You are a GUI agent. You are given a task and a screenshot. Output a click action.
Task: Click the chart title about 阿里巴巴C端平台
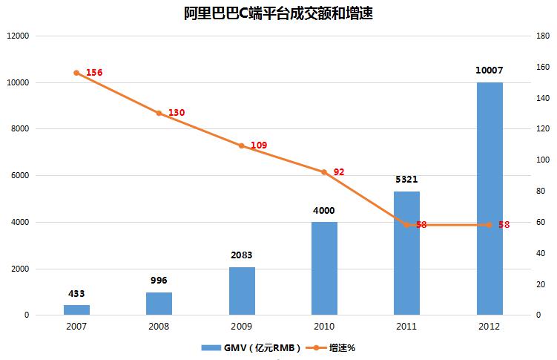point(278,13)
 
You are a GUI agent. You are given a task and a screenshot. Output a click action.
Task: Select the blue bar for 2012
point(489,199)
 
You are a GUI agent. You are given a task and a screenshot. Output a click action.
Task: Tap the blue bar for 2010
point(323,269)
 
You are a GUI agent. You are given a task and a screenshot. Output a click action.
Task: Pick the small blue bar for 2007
point(76,310)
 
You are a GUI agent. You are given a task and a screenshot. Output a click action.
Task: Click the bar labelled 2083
point(241,291)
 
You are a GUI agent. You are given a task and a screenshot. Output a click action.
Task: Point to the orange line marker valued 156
point(76,73)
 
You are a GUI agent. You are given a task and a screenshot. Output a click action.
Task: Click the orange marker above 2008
point(159,113)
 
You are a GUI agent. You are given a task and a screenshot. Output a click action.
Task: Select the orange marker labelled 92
point(323,172)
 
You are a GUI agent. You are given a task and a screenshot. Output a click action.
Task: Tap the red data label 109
point(259,145)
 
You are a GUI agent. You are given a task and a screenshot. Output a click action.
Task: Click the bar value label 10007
point(489,71)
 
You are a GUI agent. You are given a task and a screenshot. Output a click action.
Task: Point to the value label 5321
point(406,179)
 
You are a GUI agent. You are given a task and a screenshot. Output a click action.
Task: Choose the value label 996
point(159,280)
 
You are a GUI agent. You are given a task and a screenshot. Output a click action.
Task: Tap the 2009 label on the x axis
point(241,326)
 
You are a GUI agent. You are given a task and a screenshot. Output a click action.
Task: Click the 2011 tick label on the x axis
point(406,326)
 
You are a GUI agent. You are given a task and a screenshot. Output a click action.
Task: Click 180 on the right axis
point(541,36)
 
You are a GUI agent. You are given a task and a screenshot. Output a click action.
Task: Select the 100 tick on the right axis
point(541,160)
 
